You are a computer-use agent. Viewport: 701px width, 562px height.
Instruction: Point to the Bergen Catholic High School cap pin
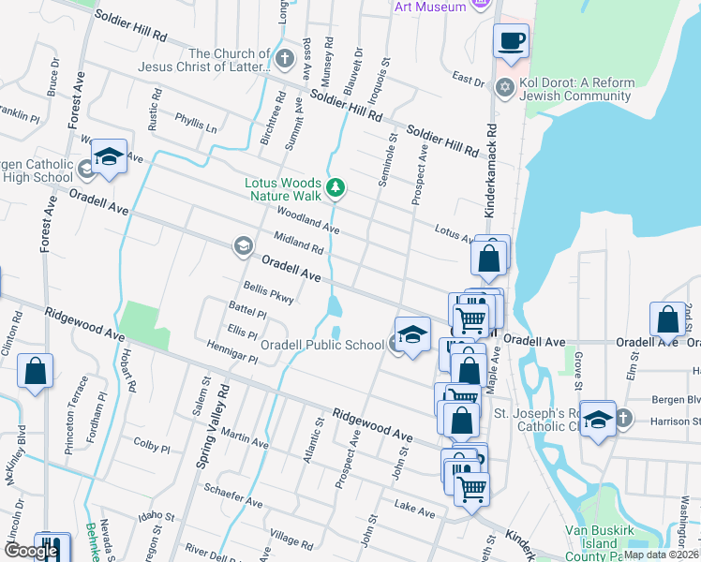coord(109,156)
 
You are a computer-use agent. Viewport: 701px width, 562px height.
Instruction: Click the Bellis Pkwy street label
coord(269,293)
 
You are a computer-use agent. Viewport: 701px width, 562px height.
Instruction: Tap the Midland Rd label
coord(299,243)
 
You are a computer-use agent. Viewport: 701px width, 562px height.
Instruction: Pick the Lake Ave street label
coord(415,510)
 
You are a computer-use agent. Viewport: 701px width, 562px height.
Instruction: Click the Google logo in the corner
coord(31,551)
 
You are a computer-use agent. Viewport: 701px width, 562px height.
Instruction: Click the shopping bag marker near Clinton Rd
coord(36,371)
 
